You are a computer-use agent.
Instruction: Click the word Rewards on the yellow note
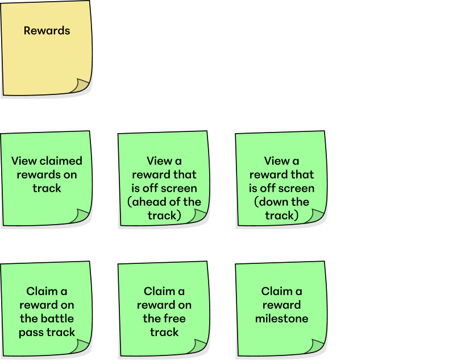47,31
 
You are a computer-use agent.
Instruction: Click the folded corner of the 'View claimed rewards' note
80,216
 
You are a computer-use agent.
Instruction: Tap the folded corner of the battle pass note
80,346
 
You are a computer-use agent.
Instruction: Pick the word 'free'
174,318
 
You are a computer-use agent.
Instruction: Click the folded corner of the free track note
198,346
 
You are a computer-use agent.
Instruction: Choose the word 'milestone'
281,318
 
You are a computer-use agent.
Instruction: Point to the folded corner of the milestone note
315,346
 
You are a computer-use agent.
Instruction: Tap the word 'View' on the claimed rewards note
24,161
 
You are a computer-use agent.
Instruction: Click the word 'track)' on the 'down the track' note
281,216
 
